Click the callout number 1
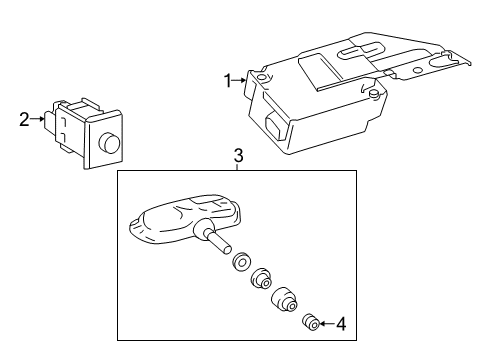[228, 81]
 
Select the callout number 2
[24, 120]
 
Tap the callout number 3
[238, 156]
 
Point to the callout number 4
[341, 324]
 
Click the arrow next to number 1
[239, 80]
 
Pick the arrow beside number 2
[37, 119]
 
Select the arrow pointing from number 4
[327, 323]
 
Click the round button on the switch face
[109, 142]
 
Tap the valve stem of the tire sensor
[218, 242]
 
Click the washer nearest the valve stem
[241, 261]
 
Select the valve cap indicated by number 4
[311, 322]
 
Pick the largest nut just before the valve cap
[285, 298]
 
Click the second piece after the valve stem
[261, 278]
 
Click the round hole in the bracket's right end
[416, 70]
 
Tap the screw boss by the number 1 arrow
[262, 78]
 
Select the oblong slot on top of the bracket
[361, 49]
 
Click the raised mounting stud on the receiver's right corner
[374, 94]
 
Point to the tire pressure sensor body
[185, 219]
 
